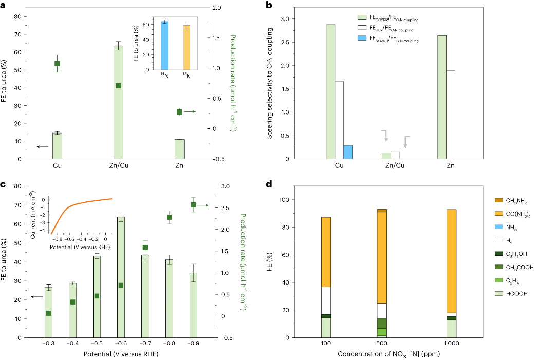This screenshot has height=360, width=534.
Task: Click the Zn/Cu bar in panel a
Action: [x=118, y=103]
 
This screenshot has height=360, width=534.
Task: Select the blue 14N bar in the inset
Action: [x=164, y=46]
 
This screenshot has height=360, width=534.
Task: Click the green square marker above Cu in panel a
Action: [x=58, y=63]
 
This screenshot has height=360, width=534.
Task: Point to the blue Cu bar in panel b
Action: [x=348, y=152]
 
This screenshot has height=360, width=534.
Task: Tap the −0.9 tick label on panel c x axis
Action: [x=193, y=343]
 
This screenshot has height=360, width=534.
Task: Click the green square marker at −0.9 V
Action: [x=193, y=205]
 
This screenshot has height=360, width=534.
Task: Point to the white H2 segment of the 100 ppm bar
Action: [x=326, y=300]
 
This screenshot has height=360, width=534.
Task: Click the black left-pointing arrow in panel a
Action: [x=42, y=147]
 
